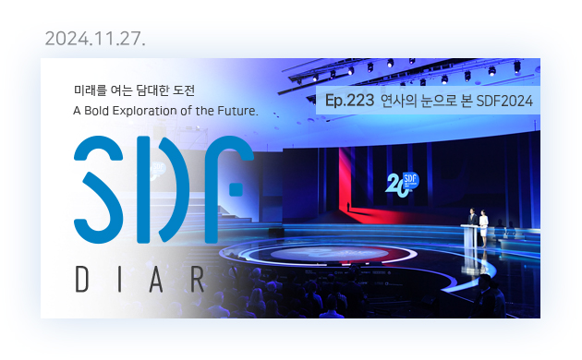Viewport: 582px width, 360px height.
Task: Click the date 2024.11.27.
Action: click(x=95, y=40)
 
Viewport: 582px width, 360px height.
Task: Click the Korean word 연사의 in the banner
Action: click(x=400, y=101)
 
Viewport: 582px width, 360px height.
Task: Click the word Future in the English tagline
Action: click(x=230, y=111)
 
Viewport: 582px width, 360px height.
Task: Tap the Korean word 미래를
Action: click(x=90, y=90)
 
